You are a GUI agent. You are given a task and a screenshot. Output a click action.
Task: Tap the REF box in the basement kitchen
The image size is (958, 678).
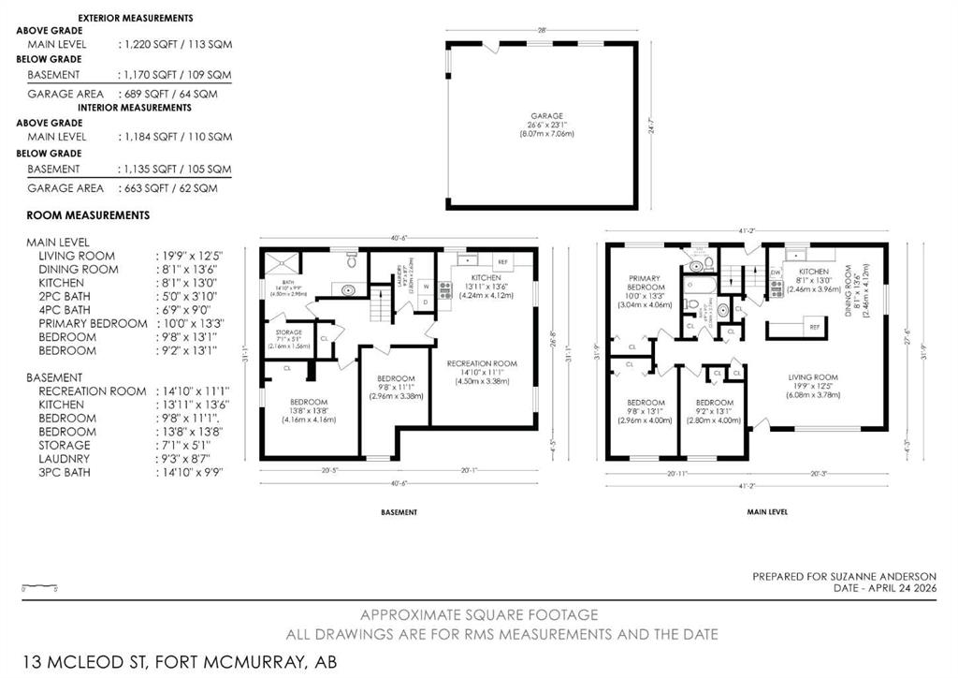point(502,262)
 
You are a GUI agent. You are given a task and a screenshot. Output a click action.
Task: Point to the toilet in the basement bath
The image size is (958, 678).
point(350,255)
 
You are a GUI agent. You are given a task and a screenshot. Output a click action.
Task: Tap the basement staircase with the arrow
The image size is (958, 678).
point(381,304)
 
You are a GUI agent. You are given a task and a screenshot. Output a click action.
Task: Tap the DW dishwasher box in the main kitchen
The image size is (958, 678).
point(776,273)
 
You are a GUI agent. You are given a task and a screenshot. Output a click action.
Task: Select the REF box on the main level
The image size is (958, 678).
point(814,327)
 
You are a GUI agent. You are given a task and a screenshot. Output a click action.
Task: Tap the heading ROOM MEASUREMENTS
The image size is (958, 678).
point(88,214)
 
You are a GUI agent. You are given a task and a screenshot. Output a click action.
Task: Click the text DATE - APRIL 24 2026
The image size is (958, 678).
point(884,589)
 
